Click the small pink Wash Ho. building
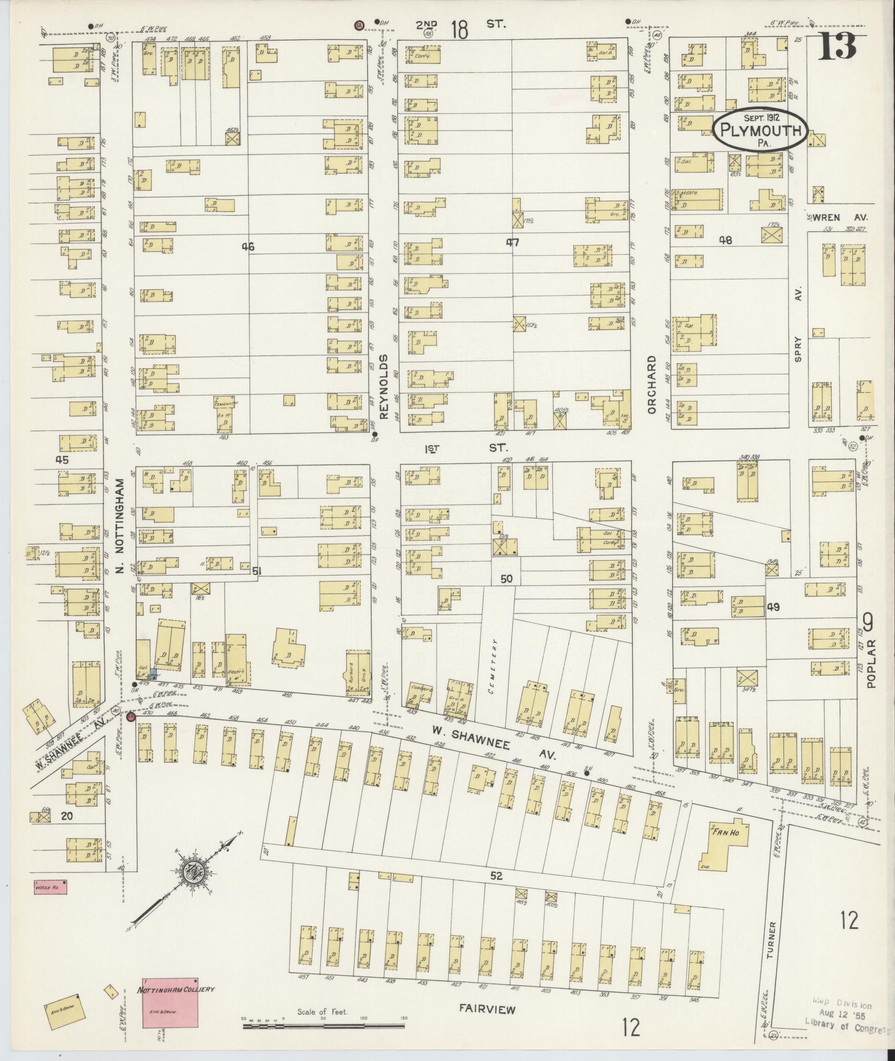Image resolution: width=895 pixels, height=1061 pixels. [50, 886]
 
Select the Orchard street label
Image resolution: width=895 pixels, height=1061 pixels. [651, 384]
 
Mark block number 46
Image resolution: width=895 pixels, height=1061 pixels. [247, 247]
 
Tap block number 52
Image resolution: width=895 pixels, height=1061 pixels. [496, 876]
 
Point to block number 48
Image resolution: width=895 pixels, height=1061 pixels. [725, 240]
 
